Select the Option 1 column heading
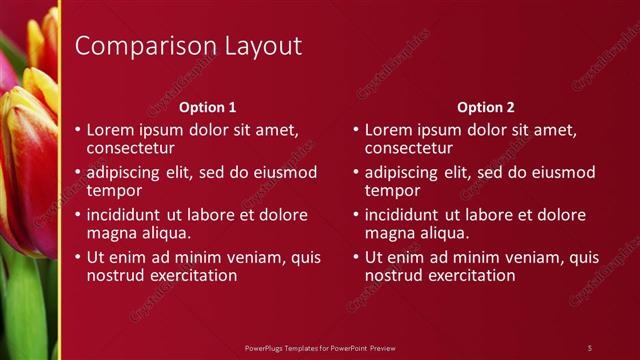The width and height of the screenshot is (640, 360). coord(207,107)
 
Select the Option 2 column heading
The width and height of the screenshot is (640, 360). coord(486,107)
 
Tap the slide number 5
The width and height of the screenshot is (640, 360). coord(590,347)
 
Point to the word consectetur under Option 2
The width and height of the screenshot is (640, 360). coord(409,148)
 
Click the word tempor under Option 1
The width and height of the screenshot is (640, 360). coord(114,190)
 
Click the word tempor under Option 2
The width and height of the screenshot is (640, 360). coord(392,190)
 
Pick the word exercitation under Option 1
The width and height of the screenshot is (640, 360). coord(191,275)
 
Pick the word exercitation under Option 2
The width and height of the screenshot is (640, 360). coord(469,275)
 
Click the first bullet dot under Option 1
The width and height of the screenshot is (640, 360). coord(78,130)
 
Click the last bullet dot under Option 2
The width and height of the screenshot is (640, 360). coord(356,258)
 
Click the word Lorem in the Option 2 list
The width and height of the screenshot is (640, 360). coord(387,130)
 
